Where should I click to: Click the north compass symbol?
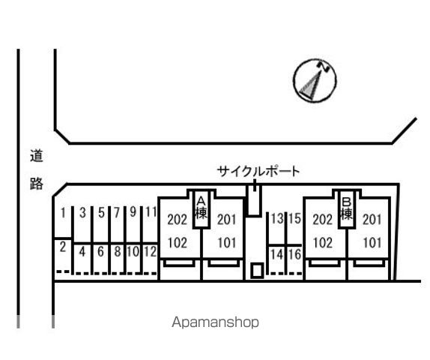315,81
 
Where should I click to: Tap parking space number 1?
63,213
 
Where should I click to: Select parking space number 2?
63,247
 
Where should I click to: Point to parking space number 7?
117,212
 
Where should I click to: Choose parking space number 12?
150,251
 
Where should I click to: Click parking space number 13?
277,218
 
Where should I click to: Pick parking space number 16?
294,254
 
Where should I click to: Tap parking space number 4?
82,252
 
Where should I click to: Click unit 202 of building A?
177,220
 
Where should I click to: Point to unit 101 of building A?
227,243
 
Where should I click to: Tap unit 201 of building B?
372,220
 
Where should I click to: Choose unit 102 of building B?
322,243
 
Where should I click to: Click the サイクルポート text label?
258,172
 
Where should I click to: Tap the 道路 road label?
37,169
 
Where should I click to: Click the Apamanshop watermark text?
215,322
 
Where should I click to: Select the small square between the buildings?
257,271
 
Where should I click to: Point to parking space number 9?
133,212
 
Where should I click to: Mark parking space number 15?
294,218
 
